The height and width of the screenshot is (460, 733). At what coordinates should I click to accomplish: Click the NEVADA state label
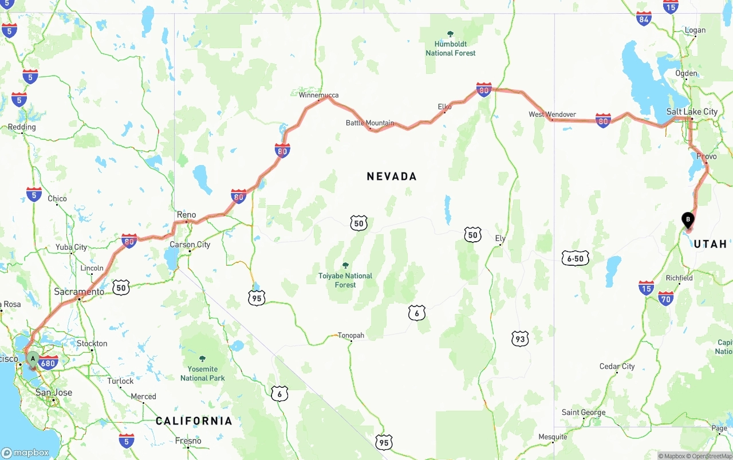392,176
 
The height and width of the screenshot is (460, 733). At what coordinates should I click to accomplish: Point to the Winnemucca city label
318,95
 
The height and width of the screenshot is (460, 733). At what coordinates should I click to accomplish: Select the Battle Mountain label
369,123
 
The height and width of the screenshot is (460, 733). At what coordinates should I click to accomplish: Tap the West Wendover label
552,115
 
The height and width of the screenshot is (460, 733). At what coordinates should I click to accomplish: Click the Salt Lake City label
692,112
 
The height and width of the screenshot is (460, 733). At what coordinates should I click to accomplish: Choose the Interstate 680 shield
49,363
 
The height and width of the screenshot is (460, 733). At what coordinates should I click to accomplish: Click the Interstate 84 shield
644,18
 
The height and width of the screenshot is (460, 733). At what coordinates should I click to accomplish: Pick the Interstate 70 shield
665,298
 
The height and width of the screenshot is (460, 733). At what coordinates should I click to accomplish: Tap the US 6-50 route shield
575,258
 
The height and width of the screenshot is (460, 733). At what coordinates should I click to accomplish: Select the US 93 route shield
519,339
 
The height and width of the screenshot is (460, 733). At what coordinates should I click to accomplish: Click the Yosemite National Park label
202,373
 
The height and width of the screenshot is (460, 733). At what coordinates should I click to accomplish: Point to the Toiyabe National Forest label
345,280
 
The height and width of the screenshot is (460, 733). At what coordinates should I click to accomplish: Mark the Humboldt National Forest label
450,48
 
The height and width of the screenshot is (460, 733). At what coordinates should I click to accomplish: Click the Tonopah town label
350,335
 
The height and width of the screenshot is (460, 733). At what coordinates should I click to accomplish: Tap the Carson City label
190,245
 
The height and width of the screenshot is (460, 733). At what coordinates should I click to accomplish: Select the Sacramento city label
79,292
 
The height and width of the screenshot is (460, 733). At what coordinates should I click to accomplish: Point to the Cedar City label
617,366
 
